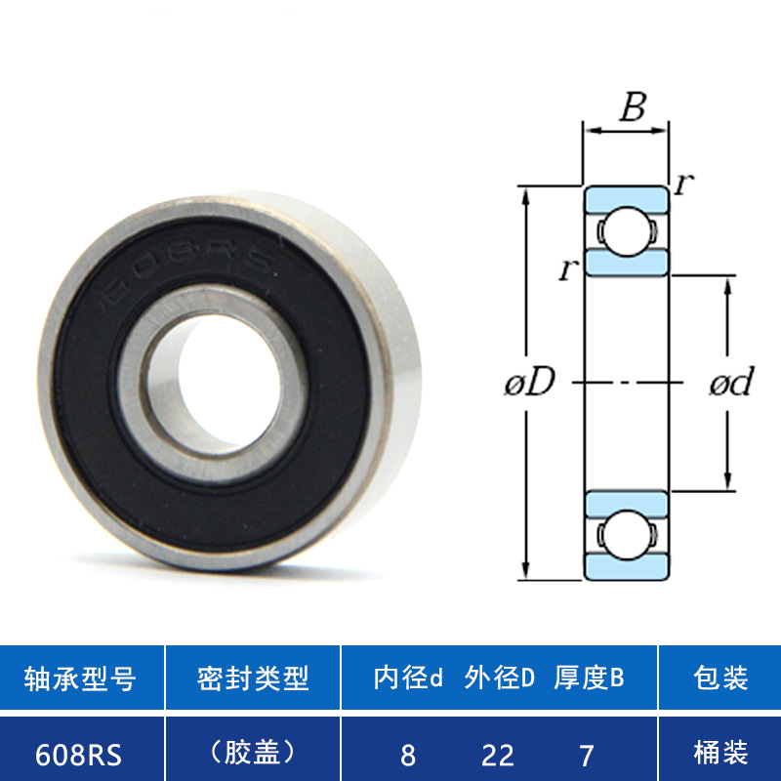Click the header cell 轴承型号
[80, 678]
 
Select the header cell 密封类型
[253, 678]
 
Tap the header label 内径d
[408, 678]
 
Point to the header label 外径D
[499, 678]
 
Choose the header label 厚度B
[589, 678]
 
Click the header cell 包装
[720, 678]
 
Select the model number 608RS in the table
[78, 755]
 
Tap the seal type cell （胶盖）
[253, 753]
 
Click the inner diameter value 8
[408, 756]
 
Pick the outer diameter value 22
[498, 756]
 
